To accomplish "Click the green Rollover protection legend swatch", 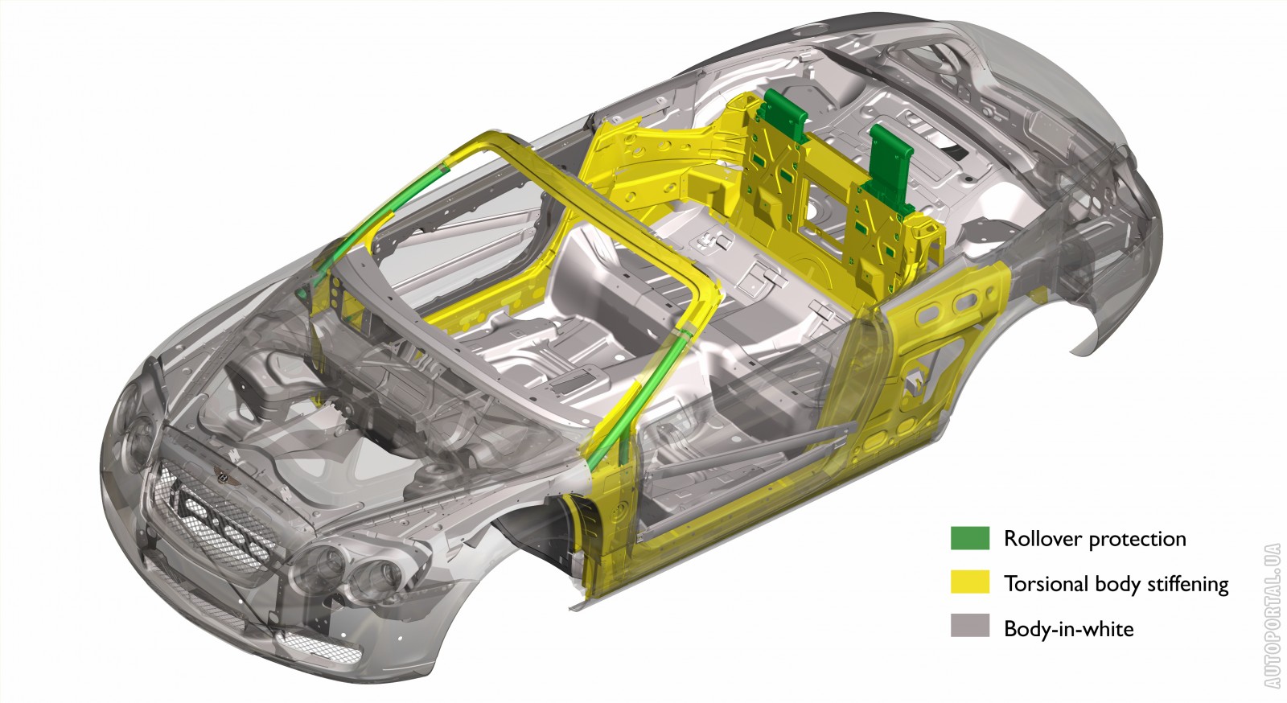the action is click(x=970, y=538).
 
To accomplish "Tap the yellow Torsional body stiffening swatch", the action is click(x=970, y=582).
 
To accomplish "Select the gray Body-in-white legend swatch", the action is click(x=970, y=626).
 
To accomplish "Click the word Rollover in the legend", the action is click(x=1042, y=539).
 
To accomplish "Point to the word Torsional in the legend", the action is click(x=1046, y=583).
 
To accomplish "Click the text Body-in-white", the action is click(x=1069, y=629).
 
